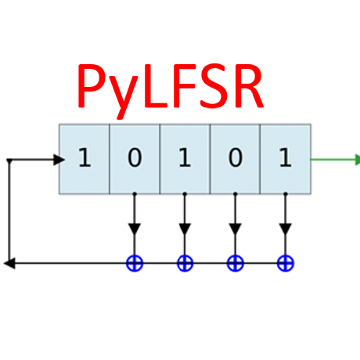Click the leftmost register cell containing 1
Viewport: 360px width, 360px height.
84,159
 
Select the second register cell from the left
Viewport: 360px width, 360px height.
135,159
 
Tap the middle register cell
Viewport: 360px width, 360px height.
185,159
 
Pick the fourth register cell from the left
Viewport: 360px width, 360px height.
235,159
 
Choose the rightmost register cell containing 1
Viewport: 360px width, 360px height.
285,159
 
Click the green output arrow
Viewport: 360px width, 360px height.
335,160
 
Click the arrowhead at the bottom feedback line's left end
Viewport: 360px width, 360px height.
9,264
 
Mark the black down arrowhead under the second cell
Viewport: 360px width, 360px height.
135,228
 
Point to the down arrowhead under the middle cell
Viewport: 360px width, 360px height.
185,228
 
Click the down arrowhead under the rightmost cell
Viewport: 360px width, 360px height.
286,228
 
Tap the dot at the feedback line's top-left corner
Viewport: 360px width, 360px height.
8,160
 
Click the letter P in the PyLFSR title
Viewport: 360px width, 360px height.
95,88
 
